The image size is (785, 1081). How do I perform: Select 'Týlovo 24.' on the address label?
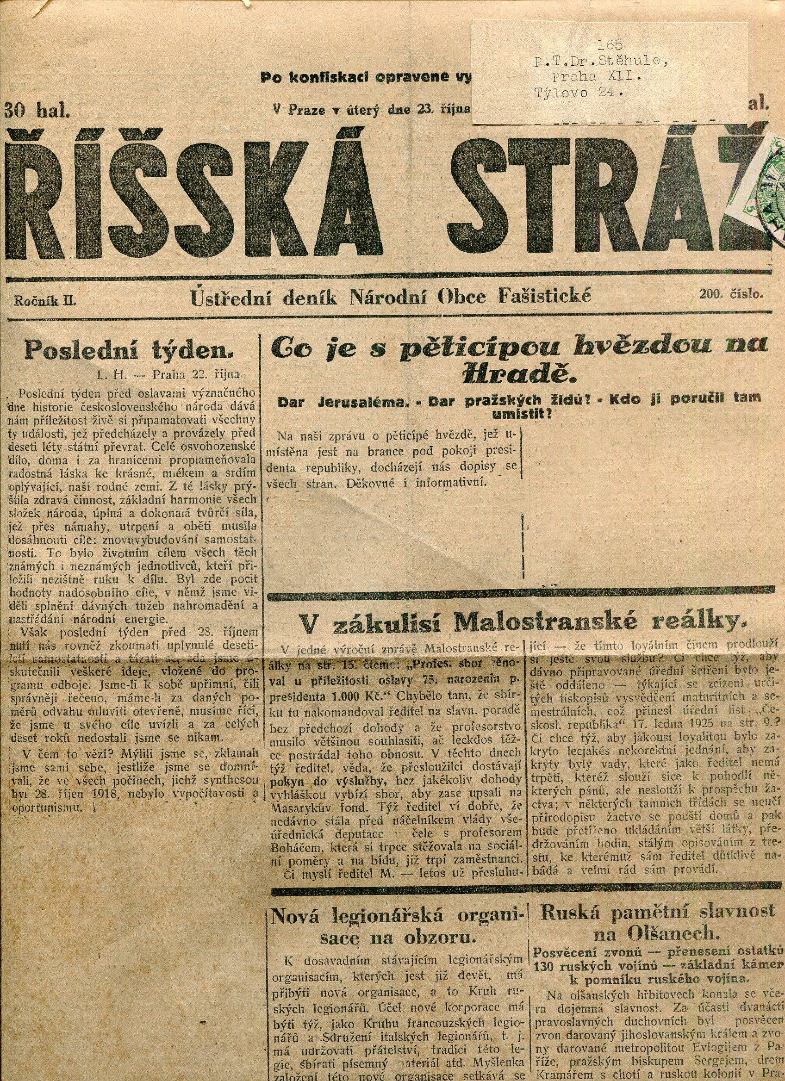pyautogui.click(x=579, y=93)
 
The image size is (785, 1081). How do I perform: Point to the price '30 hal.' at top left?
pyautogui.click(x=37, y=111)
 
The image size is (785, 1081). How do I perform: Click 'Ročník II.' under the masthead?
pyautogui.click(x=45, y=301)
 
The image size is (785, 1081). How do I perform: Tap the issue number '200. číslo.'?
pyautogui.click(x=731, y=295)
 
